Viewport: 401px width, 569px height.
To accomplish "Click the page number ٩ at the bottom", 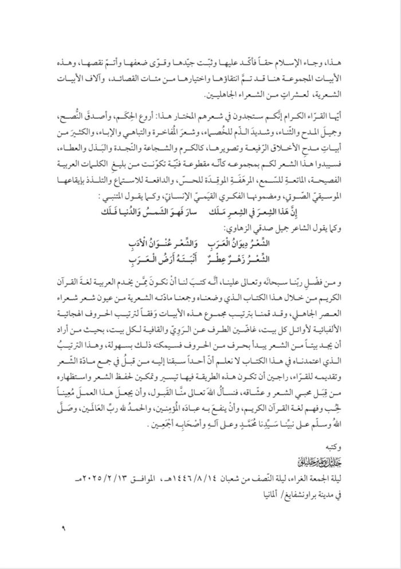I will pyautogui.click(x=56, y=526).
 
